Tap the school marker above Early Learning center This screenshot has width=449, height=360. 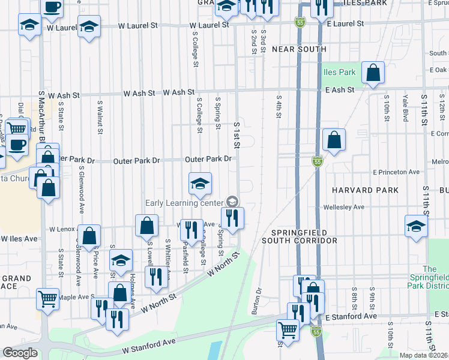(200, 183)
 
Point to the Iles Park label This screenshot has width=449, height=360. (340, 73)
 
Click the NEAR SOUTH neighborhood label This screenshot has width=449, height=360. (299, 49)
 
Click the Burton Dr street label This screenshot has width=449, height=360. (259, 299)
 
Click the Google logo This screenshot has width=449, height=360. (20, 353)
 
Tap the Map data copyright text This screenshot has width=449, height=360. (424, 355)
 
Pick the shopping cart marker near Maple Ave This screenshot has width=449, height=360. (47, 298)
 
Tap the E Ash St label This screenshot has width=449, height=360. (340, 89)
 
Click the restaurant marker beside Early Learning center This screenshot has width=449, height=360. (232, 217)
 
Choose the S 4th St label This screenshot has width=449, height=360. (279, 107)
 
